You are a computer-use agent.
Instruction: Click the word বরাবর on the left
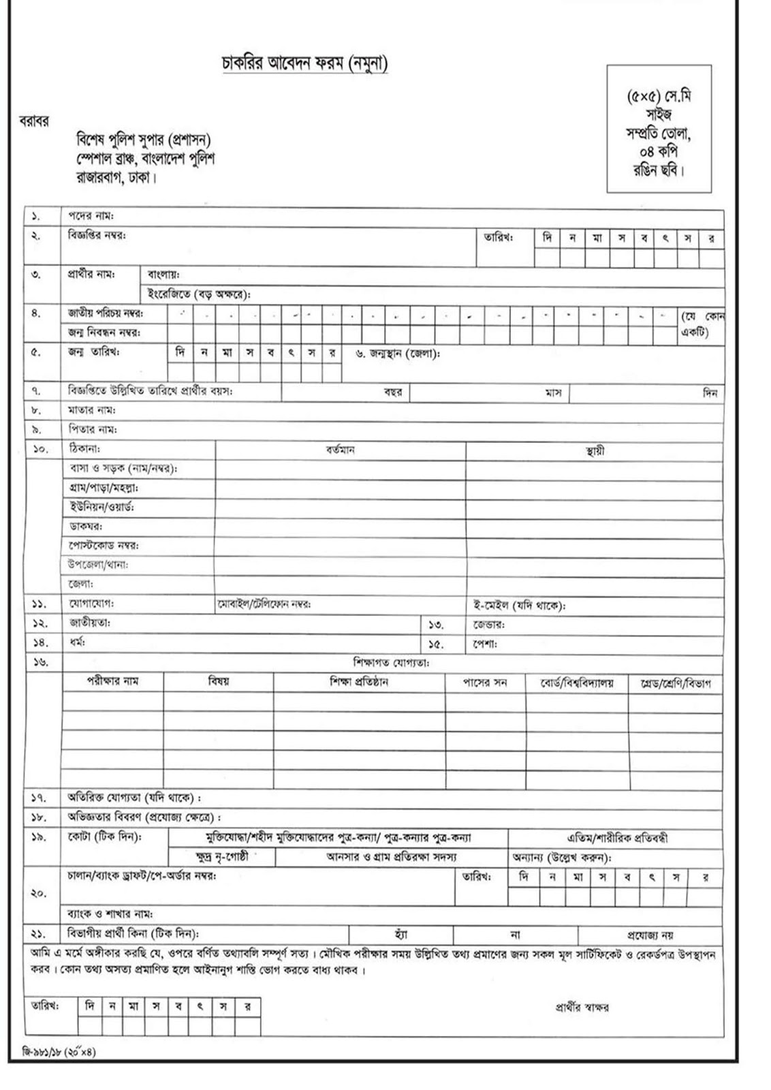33,121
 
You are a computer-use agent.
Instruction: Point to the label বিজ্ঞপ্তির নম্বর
97,236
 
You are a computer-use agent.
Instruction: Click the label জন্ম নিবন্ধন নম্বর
104,333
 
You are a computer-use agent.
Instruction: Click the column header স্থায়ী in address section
595,450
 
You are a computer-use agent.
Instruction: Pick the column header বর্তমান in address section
340,450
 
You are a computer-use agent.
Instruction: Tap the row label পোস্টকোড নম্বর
104,546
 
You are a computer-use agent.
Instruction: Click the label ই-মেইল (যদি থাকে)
520,605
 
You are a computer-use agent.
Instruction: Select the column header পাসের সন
485,682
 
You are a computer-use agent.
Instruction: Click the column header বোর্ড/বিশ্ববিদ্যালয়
577,683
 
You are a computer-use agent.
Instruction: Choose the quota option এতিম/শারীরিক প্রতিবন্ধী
617,838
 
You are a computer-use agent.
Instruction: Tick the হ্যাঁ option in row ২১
400,935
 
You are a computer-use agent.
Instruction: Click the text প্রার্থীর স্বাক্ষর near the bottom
582,1007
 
